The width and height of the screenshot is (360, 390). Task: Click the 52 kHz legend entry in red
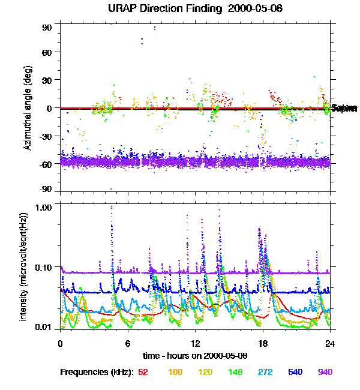coord(143,372)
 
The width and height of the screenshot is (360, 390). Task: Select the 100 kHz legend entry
coord(175,372)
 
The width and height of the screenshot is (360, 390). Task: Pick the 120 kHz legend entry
coord(205,372)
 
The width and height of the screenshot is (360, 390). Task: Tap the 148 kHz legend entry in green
coord(235,372)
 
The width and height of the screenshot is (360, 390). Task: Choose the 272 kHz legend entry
coord(265,372)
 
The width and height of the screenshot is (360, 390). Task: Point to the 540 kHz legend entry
coord(295,372)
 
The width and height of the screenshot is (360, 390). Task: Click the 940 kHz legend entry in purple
coord(325,372)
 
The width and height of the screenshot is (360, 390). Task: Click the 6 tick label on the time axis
coord(128,343)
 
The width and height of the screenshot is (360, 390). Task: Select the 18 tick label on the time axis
coord(262,343)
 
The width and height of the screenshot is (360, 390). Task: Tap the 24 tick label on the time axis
coord(329,343)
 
